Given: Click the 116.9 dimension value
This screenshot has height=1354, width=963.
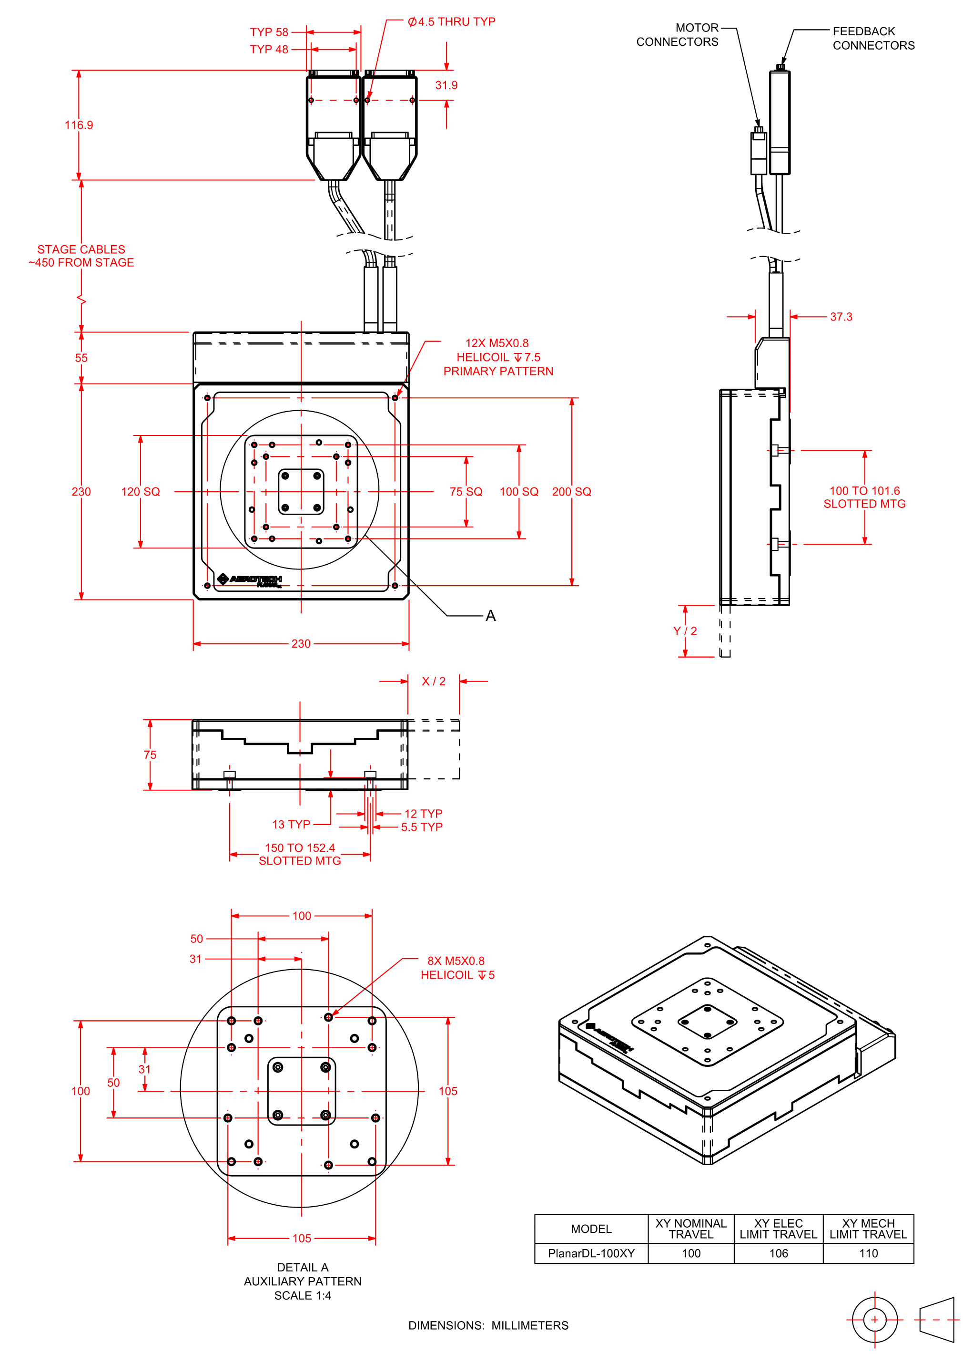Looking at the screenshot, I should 79,125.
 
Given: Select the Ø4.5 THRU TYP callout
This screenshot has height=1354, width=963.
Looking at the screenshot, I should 451,22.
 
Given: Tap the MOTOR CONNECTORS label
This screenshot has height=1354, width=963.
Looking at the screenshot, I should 677,35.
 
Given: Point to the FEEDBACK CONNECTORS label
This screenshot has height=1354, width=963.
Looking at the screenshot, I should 873,39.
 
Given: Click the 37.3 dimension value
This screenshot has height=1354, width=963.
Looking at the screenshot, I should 841,317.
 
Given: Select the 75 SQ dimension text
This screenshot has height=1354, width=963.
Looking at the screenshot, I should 466,492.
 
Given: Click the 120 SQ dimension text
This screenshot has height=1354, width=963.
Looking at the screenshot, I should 141,492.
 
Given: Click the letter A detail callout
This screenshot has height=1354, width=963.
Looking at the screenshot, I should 490,616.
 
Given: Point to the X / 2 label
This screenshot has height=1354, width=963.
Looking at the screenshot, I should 434,681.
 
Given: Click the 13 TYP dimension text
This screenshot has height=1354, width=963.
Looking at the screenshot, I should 291,824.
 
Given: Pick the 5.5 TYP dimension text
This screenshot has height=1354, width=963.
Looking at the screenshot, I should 422,827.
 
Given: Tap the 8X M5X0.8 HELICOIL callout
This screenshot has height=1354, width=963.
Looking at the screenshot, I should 456,968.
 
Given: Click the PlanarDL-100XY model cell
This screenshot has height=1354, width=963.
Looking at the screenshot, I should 591,1253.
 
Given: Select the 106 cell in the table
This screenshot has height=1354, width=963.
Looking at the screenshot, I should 779,1253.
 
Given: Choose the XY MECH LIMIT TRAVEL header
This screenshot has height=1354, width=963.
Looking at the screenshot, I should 868,1229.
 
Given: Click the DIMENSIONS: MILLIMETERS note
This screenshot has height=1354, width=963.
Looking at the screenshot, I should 488,1325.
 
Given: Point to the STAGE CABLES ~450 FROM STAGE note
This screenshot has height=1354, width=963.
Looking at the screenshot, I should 81,256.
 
